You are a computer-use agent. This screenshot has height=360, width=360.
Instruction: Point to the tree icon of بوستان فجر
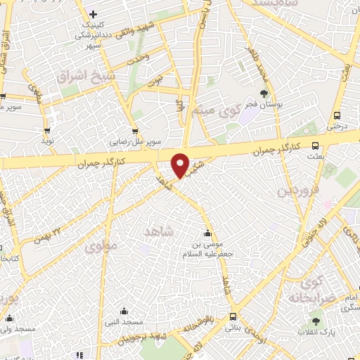click(x=264, y=93)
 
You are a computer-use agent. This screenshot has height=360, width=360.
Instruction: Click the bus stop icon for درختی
click(x=337, y=116)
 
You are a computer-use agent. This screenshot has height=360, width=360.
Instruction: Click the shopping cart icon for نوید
click(x=47, y=130)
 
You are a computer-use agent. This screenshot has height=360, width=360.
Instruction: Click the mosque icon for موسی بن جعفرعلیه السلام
click(x=207, y=235)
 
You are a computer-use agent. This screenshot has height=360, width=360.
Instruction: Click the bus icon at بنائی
click(x=233, y=317)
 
